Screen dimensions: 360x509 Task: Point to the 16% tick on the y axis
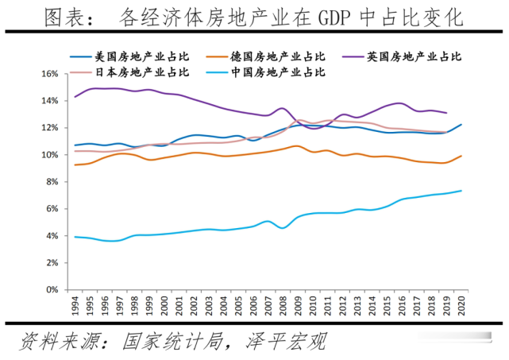[49, 74]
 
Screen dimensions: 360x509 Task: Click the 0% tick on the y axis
[52, 290]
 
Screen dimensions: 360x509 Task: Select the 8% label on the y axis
[52, 182]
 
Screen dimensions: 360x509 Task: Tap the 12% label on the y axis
[49, 128]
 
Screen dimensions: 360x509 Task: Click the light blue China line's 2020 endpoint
[461, 191]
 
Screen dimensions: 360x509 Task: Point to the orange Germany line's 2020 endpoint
[461, 156]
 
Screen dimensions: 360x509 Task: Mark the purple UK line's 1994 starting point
[75, 96]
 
